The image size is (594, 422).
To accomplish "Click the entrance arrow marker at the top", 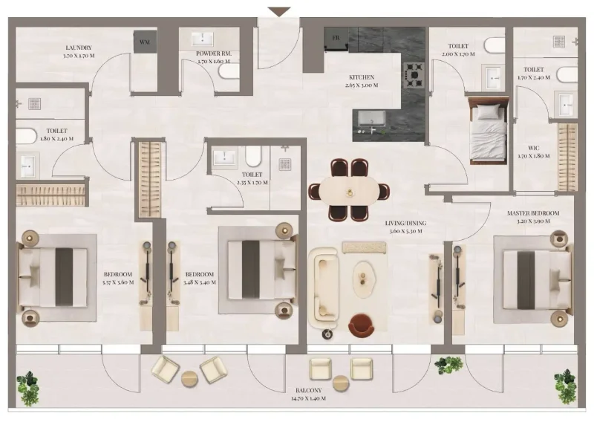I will pyautogui.click(x=279, y=12).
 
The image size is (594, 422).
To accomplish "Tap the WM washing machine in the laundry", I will pyautogui.click(x=145, y=42).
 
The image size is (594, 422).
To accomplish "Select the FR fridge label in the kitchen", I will pyautogui.click(x=336, y=38).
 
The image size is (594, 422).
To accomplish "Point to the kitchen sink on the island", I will pyautogui.click(x=372, y=119).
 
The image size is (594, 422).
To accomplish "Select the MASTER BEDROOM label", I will pyautogui.click(x=532, y=213).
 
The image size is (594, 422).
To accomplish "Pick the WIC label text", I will pyautogui.click(x=533, y=149).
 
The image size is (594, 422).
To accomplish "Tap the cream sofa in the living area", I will pyautogui.click(x=323, y=285).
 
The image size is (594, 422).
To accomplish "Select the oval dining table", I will pyautogui.click(x=349, y=190).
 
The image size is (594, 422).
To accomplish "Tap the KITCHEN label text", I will pyautogui.click(x=362, y=77).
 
